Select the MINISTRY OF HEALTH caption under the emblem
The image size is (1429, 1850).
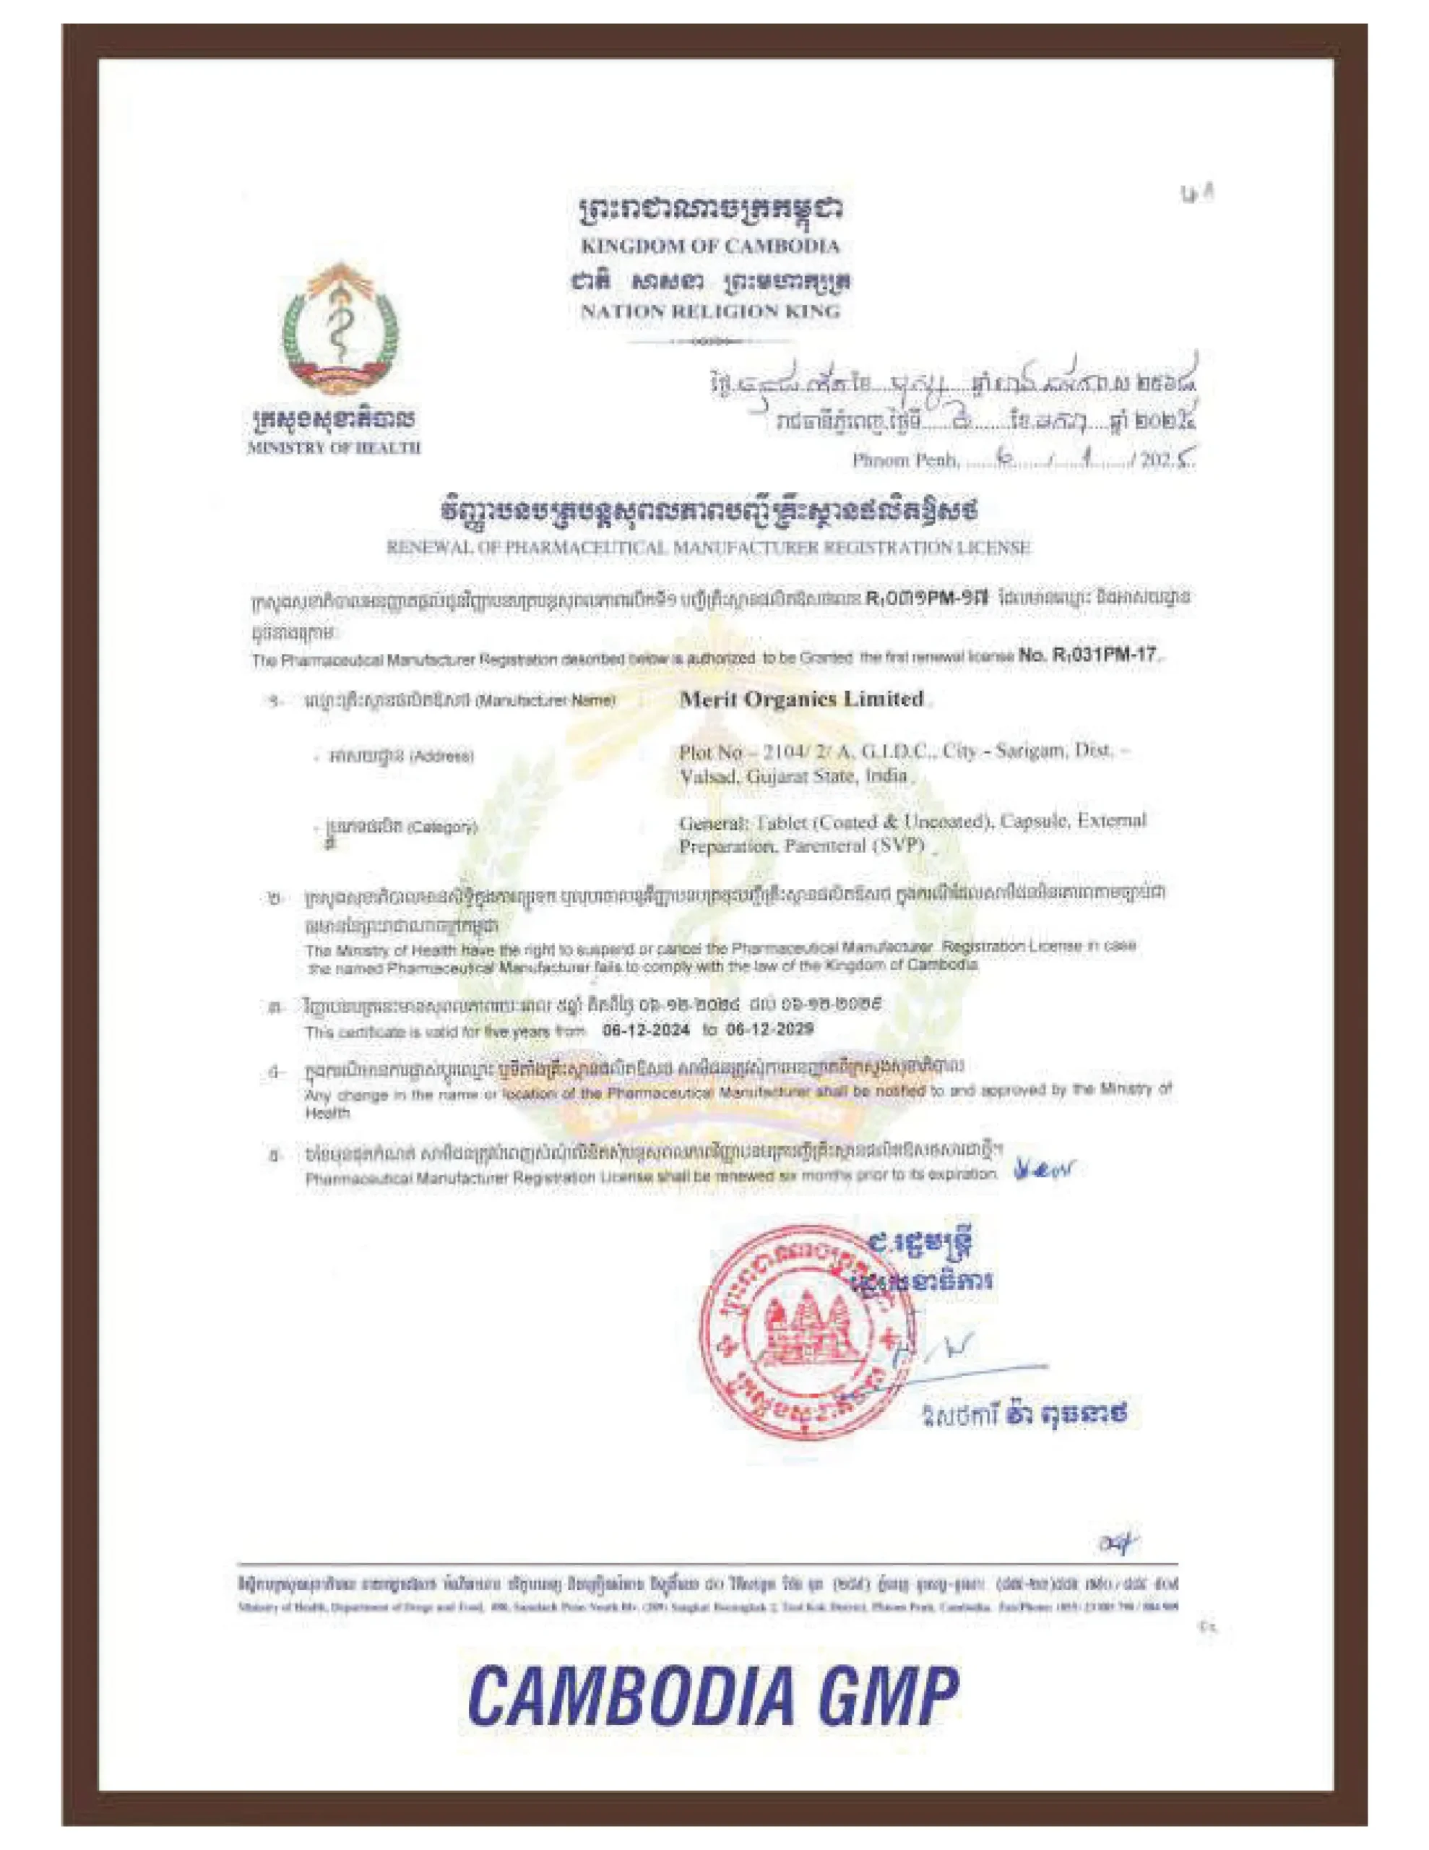coord(334,447)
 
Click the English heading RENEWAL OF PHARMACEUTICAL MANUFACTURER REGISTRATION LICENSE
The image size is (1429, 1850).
coord(708,547)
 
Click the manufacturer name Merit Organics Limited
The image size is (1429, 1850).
coord(801,699)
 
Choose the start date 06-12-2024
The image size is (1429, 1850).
coord(645,1029)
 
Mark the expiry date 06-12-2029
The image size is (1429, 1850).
coord(770,1029)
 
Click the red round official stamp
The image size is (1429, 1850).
coord(796,1327)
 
